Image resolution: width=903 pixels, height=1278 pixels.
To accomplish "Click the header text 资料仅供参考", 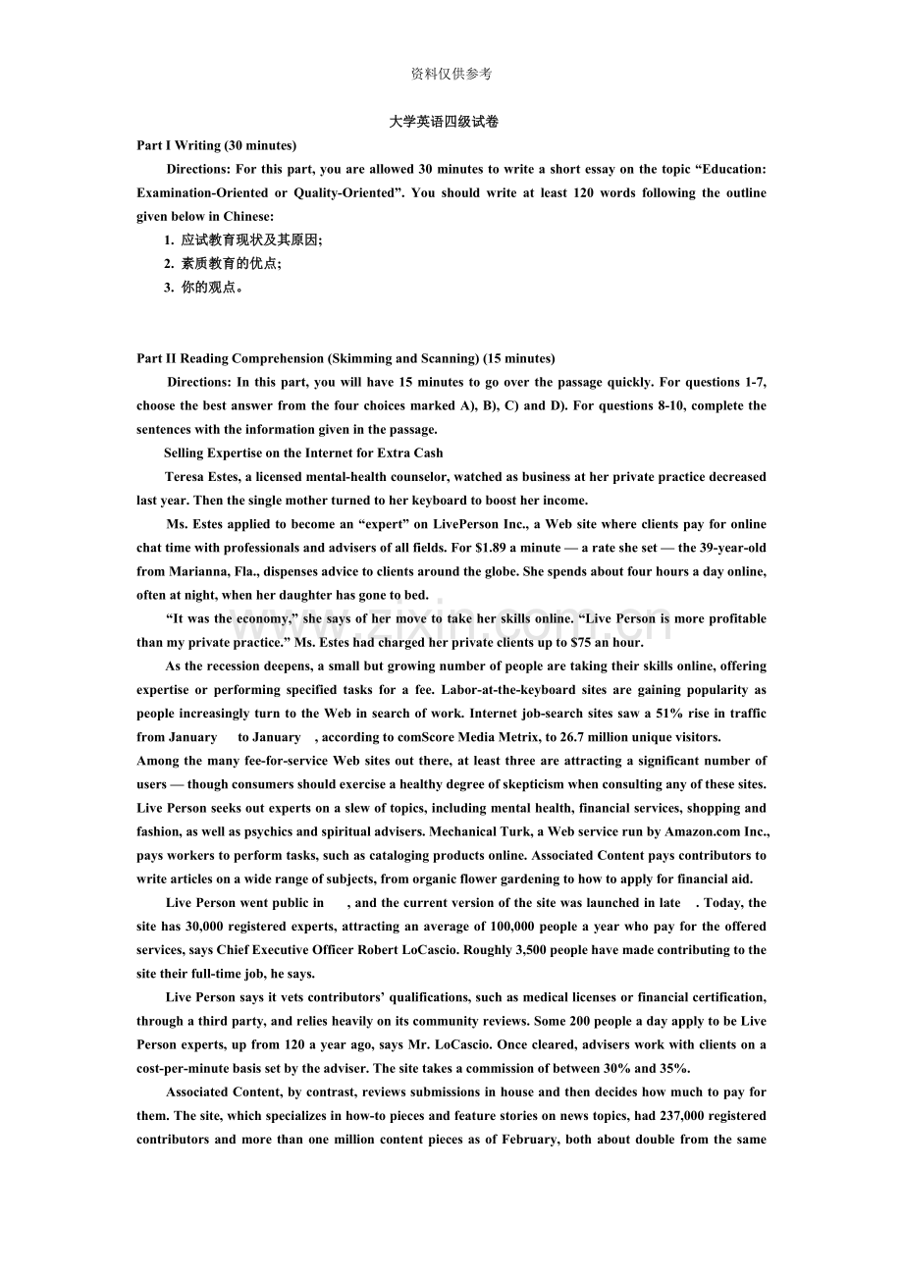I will tap(451, 74).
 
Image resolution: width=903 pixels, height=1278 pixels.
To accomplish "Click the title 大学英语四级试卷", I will tap(444, 122).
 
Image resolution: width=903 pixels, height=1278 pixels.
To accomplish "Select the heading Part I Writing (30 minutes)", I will tap(216, 145).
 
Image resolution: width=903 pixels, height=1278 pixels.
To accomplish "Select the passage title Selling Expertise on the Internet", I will tap(303, 453).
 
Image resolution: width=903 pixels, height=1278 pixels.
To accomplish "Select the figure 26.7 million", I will tap(583, 737).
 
